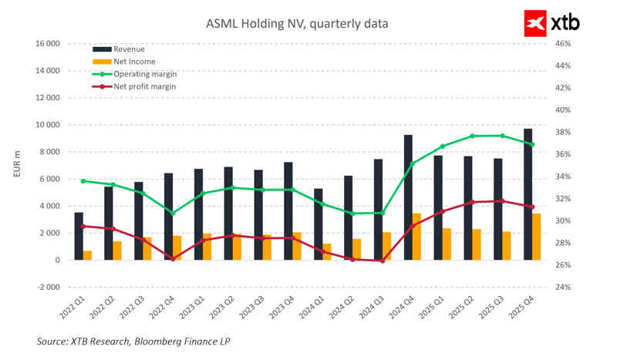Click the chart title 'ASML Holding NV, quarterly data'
pos(296,24)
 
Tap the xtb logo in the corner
pos(551,23)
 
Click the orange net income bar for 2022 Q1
pos(88,255)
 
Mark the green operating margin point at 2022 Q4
pos(173,213)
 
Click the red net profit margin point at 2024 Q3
pos(383,261)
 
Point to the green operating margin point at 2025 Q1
pos(443,146)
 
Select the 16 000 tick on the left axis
pos(48,44)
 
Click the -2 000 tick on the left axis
pos(48,287)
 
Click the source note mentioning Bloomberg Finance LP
pos(133,341)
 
